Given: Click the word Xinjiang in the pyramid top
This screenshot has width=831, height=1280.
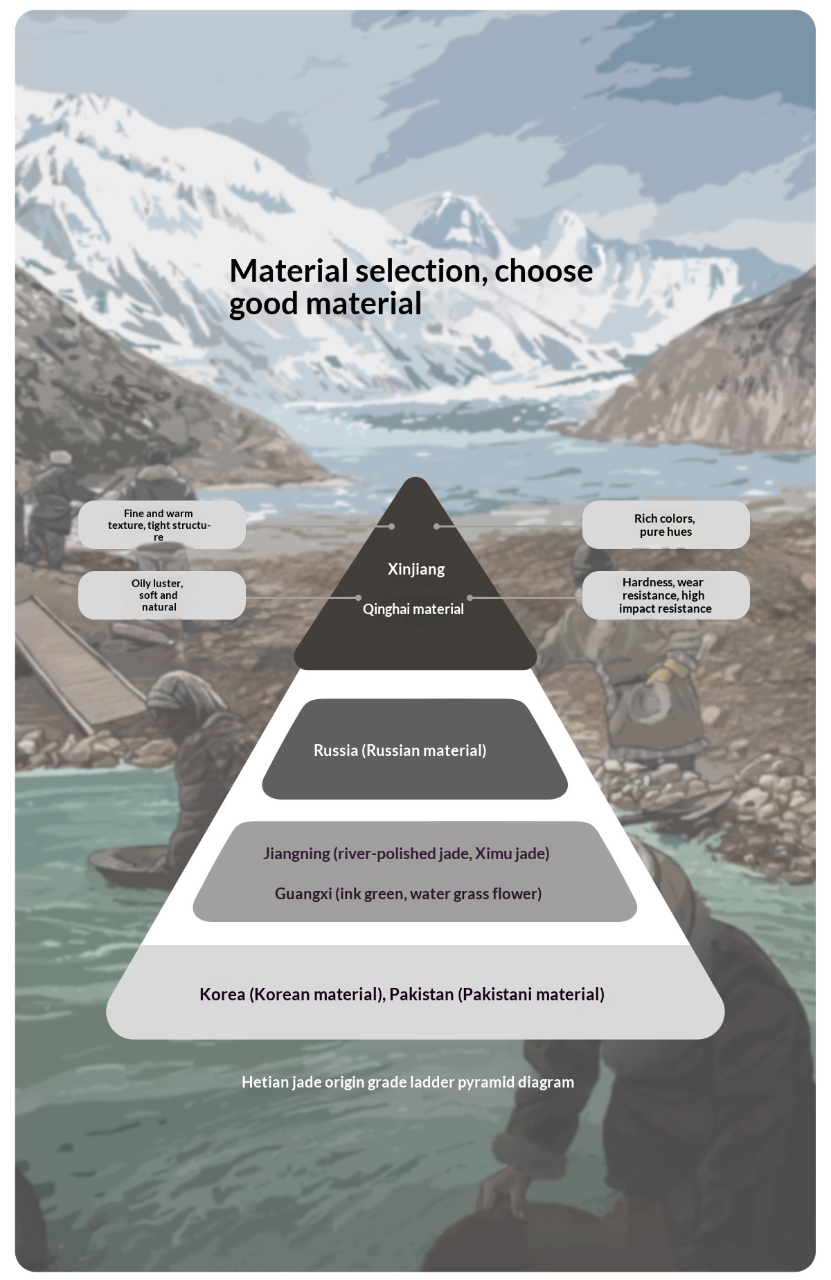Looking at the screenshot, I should [x=416, y=569].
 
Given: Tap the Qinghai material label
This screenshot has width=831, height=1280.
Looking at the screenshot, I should [x=413, y=609].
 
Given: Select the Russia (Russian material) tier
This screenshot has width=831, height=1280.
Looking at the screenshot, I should [x=400, y=750].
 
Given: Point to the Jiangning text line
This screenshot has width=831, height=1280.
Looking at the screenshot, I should [x=406, y=854].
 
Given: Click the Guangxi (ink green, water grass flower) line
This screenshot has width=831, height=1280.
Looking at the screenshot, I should [x=408, y=894].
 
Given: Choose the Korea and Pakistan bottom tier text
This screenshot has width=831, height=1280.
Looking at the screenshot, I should [x=402, y=994].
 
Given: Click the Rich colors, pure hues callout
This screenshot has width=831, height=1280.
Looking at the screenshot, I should [x=665, y=525].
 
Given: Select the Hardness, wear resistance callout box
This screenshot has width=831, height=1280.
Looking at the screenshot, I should [x=665, y=595].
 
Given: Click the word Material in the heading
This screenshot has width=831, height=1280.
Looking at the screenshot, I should [x=288, y=271].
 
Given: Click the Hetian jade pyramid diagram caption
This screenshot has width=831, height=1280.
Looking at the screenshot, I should [x=407, y=1082].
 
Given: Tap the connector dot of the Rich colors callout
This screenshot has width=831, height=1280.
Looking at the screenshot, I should [x=436, y=526].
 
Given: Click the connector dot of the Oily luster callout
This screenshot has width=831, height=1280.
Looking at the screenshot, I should [x=358, y=597].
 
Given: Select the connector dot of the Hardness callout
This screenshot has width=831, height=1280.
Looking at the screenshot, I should [x=470, y=597].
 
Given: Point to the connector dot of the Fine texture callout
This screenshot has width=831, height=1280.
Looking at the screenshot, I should [x=392, y=526].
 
